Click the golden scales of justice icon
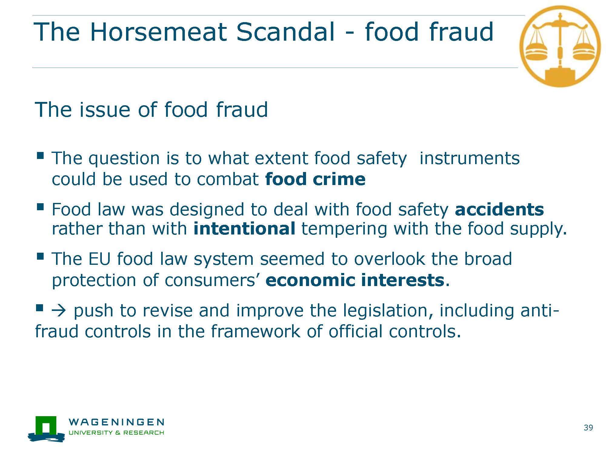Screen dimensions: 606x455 point(560,46)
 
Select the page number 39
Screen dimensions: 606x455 point(588,428)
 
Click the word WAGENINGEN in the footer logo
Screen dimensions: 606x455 point(117,422)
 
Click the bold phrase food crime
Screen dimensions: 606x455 point(315,179)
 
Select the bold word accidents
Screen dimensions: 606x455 point(499,209)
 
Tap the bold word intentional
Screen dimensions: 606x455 point(244,228)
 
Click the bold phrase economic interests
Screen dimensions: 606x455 point(355,280)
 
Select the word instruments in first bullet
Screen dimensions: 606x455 point(469,158)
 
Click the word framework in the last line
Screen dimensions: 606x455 point(255,331)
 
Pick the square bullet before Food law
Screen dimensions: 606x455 point(40,207)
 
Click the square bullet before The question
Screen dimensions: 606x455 point(40,156)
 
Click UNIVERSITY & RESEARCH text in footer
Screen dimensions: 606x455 point(117,433)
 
